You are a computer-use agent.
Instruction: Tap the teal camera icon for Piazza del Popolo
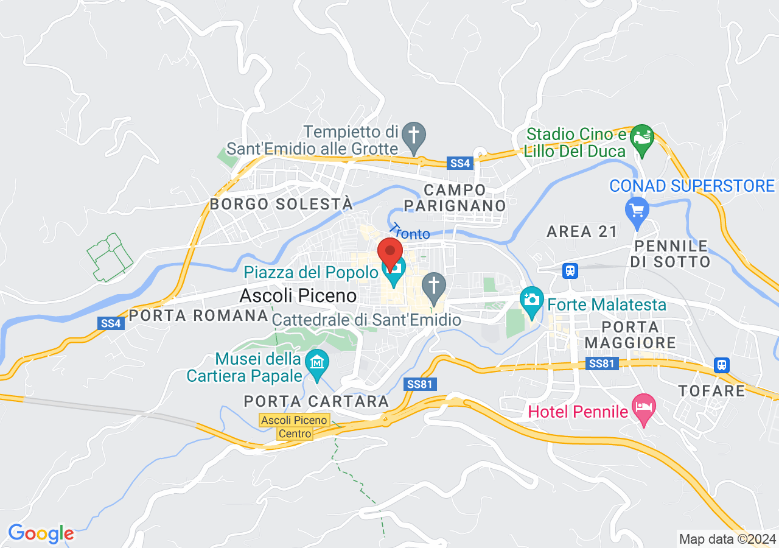(394, 269)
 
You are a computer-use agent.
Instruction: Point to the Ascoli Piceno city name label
(298, 296)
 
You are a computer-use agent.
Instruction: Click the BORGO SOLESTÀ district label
(281, 204)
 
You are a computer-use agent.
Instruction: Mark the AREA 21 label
(582, 231)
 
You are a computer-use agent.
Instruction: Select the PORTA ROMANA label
(198, 315)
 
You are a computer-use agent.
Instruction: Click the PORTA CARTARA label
(316, 401)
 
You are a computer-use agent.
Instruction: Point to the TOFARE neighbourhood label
(712, 390)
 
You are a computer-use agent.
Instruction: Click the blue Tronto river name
(410, 231)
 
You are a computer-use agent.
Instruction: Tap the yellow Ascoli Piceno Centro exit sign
(295, 427)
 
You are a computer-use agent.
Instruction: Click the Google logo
(41, 534)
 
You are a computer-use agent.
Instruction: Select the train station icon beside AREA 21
(570, 270)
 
